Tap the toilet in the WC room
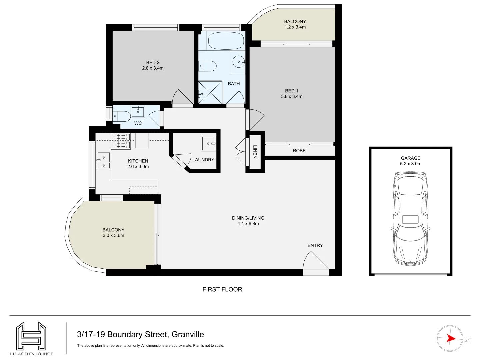(122, 117)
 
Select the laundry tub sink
(209, 143)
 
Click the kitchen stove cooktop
(121, 140)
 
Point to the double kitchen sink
(104, 161)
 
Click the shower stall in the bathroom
(210, 92)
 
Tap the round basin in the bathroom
(238, 62)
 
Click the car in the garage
(410, 218)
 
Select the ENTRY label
(315, 245)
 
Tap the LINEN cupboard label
(255, 152)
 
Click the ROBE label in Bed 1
(299, 151)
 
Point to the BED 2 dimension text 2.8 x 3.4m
(153, 68)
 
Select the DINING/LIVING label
(248, 218)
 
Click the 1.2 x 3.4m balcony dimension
(295, 27)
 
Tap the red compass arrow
(451, 338)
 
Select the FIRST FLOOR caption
(222, 289)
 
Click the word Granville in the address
(188, 334)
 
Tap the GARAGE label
(410, 158)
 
